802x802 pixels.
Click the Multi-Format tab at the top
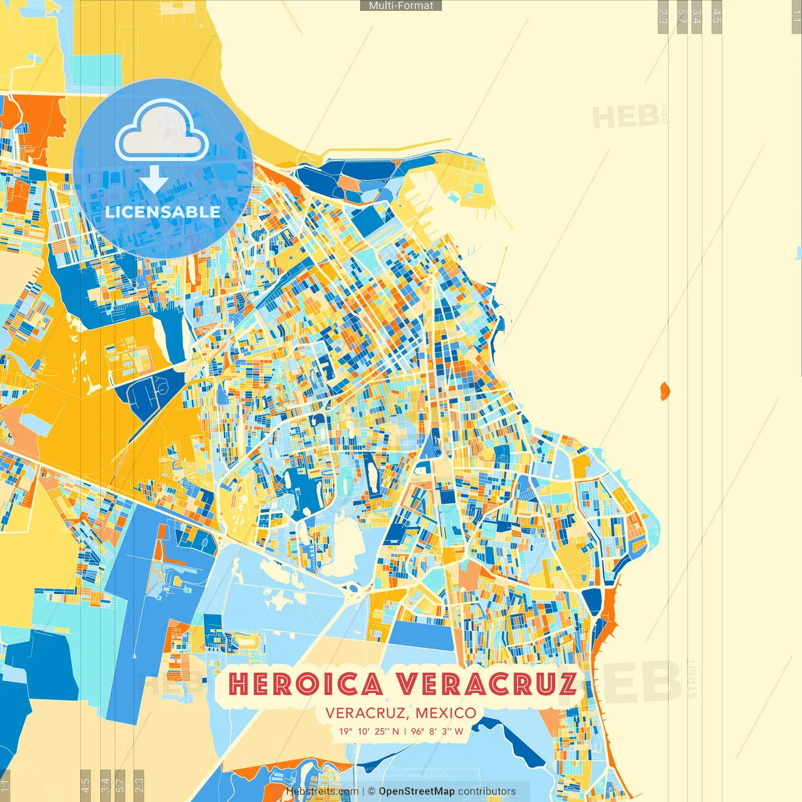point(401,6)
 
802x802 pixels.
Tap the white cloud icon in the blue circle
point(162,133)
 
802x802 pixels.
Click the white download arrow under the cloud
point(154,179)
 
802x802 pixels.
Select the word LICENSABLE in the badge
point(163,212)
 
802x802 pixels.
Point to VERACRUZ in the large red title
point(488,684)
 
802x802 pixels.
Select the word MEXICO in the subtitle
point(445,713)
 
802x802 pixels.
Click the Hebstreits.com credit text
point(322,791)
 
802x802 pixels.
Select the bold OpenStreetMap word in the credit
point(417,791)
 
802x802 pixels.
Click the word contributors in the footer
point(487,791)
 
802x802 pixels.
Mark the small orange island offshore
point(665,392)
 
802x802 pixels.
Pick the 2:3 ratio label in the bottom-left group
point(139,784)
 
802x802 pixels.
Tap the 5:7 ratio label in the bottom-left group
point(120,784)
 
